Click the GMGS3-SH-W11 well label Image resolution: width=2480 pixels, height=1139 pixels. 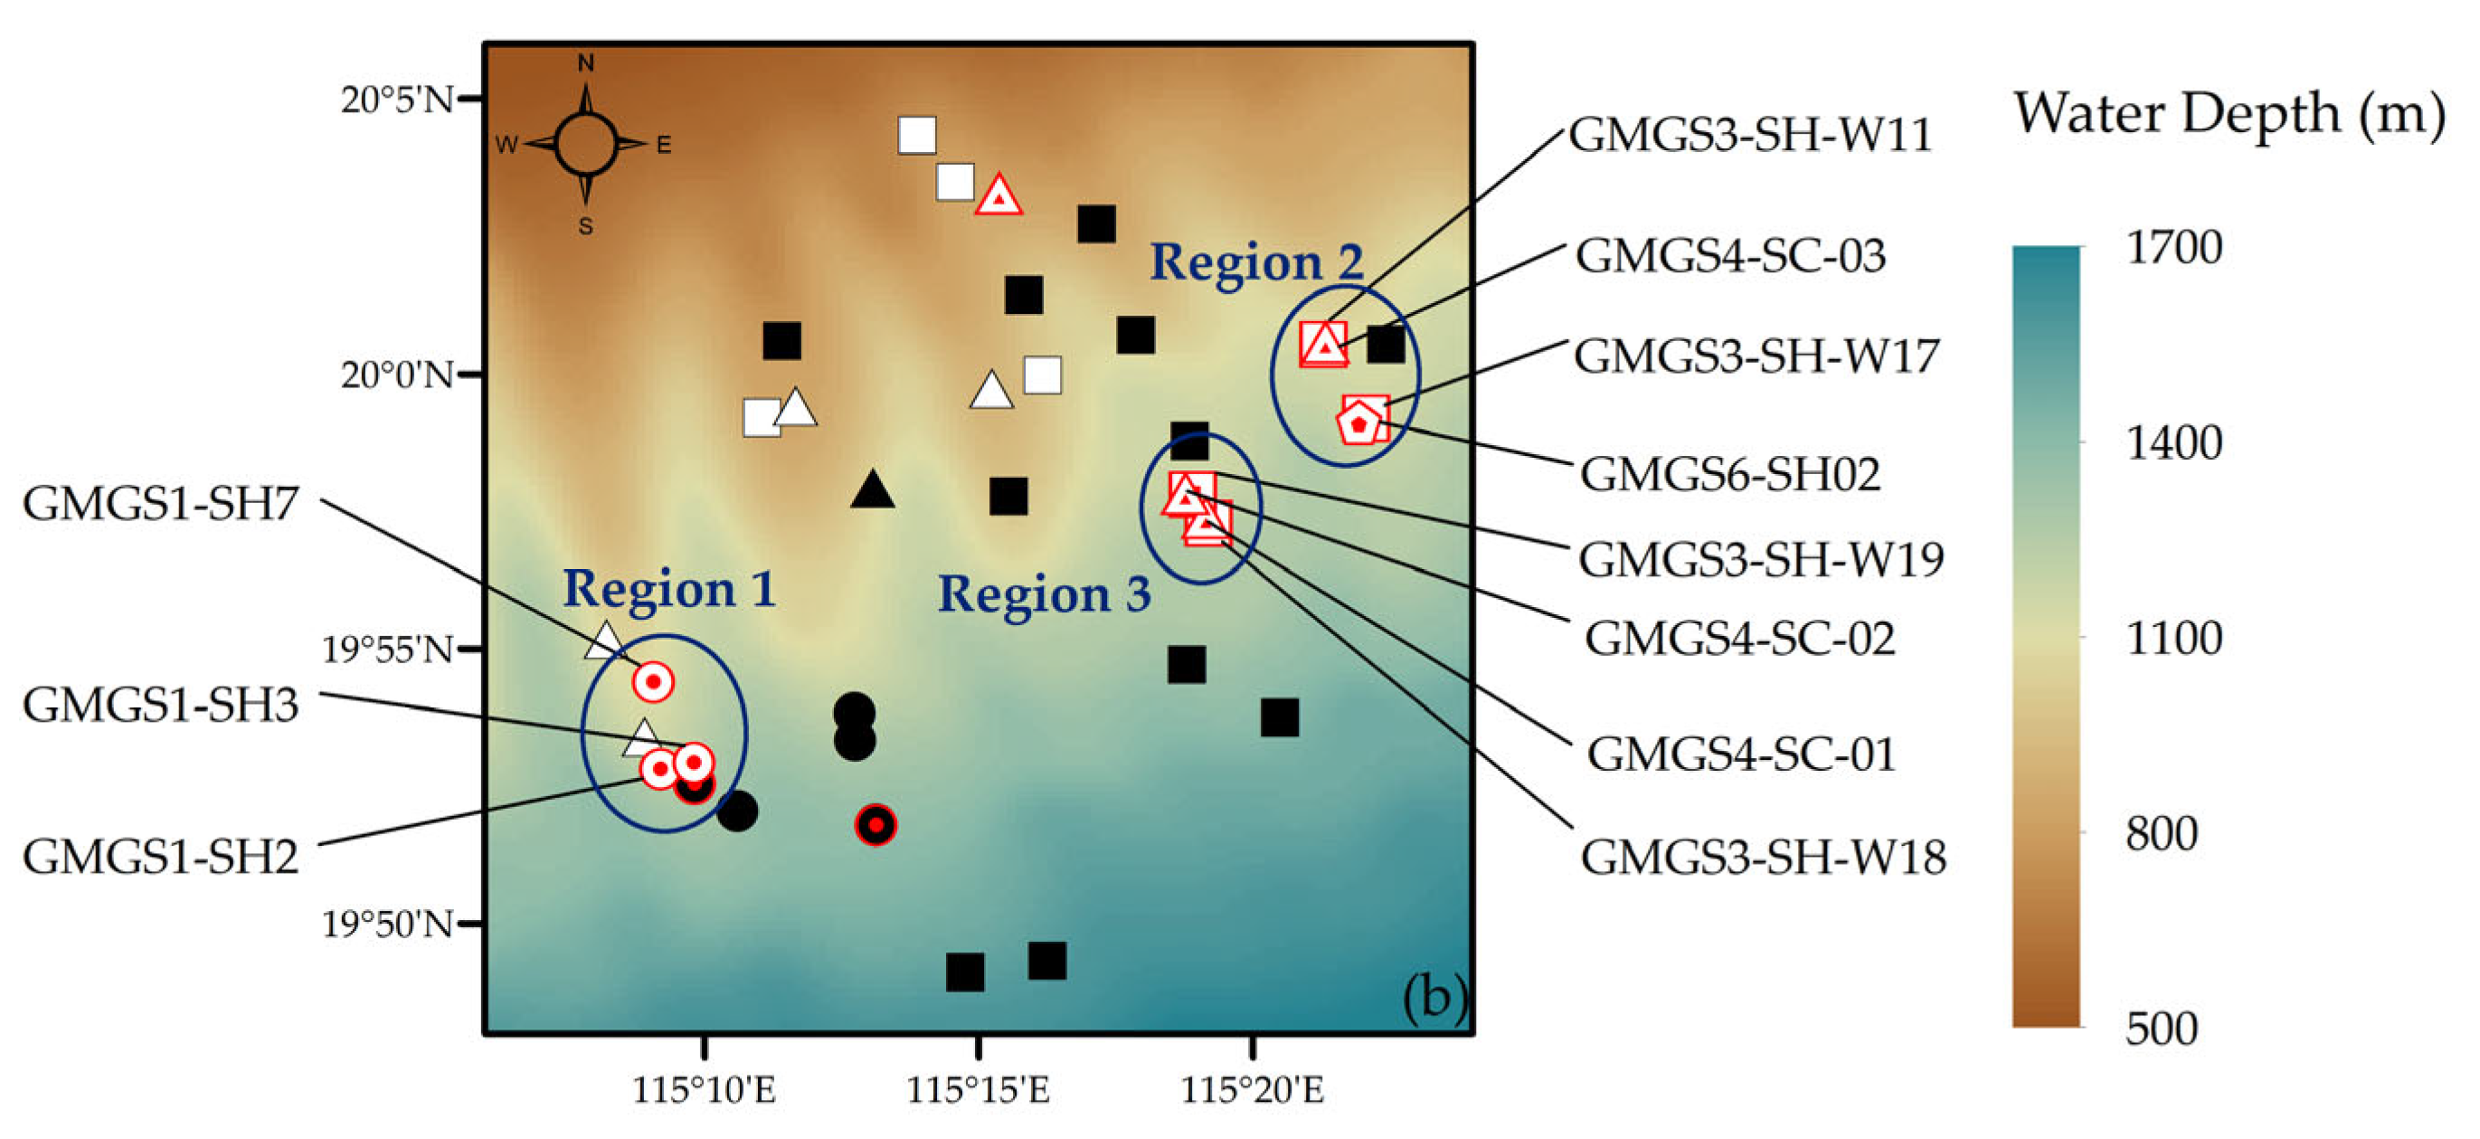tap(1749, 135)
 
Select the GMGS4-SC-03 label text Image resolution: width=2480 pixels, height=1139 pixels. tap(1730, 256)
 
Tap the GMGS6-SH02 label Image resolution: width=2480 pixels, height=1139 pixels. tap(1730, 474)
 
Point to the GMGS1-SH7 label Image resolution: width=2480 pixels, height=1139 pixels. tap(161, 504)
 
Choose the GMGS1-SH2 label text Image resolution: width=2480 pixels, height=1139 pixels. tap(161, 856)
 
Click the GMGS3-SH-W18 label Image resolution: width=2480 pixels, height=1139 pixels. tap(1763, 856)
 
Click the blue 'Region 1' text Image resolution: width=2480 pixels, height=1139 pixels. tap(669, 588)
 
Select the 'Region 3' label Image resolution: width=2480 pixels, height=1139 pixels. tap(1045, 593)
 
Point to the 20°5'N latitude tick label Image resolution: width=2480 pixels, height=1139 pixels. tap(397, 100)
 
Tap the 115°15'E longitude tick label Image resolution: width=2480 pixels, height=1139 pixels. tap(978, 1090)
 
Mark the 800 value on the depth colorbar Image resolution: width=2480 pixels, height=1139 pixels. tap(2162, 834)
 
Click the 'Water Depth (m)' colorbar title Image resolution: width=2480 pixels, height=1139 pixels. tap(2229, 114)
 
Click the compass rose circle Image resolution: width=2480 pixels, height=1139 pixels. tap(585, 144)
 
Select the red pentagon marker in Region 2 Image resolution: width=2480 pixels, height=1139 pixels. tap(1358, 422)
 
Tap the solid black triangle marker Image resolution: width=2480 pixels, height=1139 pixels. tap(872, 491)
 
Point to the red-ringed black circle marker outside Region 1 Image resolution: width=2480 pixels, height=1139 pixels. tap(876, 825)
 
